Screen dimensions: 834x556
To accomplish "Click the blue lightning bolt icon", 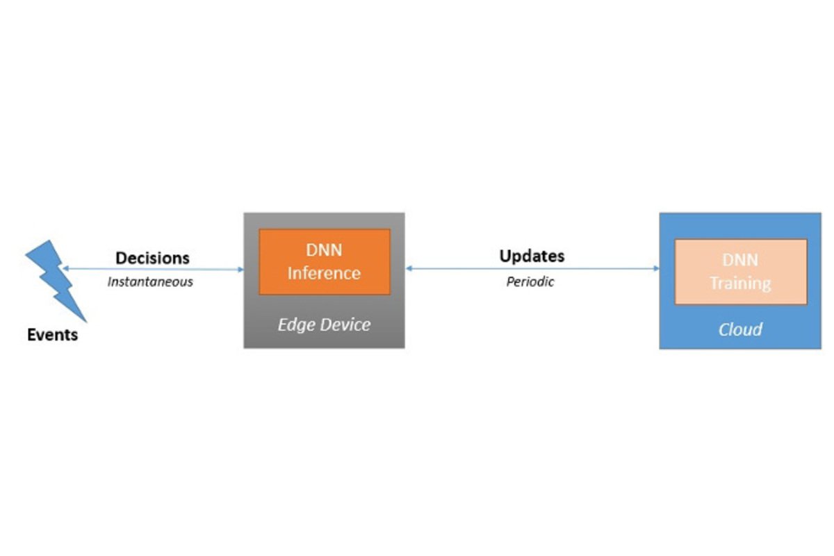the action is [x=56, y=280].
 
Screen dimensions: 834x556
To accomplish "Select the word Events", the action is [x=53, y=335].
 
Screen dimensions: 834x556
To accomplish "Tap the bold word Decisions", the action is [x=152, y=258].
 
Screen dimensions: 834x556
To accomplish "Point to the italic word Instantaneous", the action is [x=150, y=282].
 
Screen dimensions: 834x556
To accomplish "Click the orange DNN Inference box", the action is [x=325, y=262].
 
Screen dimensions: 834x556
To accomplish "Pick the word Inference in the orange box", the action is [x=324, y=273].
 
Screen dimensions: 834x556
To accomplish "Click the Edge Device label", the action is [x=324, y=325].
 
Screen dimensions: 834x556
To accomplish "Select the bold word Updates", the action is [x=532, y=256].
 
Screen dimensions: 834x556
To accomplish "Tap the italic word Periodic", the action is [x=530, y=282].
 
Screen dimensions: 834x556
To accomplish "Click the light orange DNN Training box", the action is [x=741, y=272].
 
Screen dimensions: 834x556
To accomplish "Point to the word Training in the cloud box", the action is [x=740, y=284].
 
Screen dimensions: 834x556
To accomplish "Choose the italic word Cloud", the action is [x=740, y=329].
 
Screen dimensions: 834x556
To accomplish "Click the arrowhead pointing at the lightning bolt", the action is [x=65, y=268].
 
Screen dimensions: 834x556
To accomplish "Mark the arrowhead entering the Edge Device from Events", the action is [x=240, y=270].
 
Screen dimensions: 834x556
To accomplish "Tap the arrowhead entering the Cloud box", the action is [x=656, y=268].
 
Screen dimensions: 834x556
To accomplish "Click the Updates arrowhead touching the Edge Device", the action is [x=409, y=268].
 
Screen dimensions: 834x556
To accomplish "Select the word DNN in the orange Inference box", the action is [x=324, y=250].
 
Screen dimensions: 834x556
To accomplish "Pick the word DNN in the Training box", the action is [x=740, y=261].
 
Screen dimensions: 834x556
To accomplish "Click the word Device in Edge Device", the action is [x=345, y=325].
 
